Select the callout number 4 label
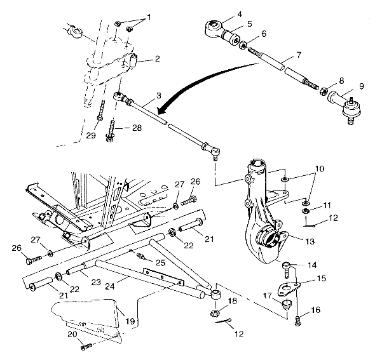point(222,14)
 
